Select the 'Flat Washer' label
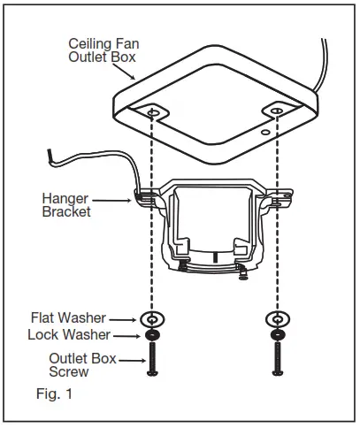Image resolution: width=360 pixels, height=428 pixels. [69, 317]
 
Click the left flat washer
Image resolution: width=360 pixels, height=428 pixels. [154, 318]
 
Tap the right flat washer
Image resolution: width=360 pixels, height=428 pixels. [279, 318]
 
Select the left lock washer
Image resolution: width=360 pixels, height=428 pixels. [154, 335]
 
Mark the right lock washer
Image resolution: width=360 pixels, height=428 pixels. [279, 335]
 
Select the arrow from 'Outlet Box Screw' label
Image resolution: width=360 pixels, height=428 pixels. [132, 359]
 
